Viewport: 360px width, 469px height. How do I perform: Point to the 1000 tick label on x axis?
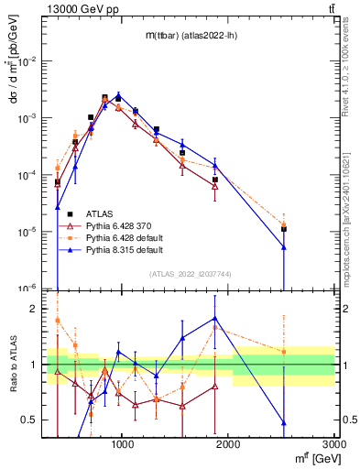pos(123,442)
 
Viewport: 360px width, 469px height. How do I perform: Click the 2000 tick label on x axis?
pos(228,442)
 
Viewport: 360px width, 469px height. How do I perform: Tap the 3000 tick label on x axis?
pos(333,442)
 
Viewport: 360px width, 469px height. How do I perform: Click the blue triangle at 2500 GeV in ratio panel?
pos(284,422)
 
